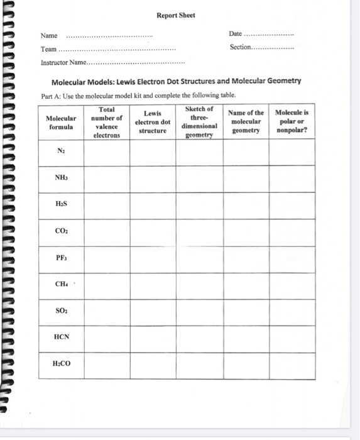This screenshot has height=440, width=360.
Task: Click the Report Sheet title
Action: coord(176,15)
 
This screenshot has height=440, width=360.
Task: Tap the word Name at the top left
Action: coord(49,35)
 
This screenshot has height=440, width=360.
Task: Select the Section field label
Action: coord(240,48)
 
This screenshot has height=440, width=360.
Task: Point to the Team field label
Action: coord(48,49)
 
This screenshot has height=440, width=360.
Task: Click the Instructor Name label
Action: coord(62,63)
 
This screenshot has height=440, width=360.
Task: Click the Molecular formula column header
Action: coord(61,122)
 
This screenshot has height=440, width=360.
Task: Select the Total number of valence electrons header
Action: coord(106,122)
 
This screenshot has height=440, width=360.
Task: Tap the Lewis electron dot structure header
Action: coord(153,122)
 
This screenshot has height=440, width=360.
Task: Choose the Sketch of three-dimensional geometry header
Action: coord(199,122)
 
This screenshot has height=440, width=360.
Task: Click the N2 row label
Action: coord(61,151)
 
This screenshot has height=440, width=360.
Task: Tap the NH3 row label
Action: coord(61,178)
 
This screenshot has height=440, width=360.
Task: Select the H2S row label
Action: coord(61,205)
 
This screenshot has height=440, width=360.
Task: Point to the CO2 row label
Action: coord(61,232)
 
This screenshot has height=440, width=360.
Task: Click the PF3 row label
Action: coord(61,258)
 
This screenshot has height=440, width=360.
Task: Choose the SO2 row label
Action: coord(61,312)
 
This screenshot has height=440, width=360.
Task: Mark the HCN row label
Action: coord(61,338)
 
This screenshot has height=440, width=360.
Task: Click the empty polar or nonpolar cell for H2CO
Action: coord(292,365)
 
